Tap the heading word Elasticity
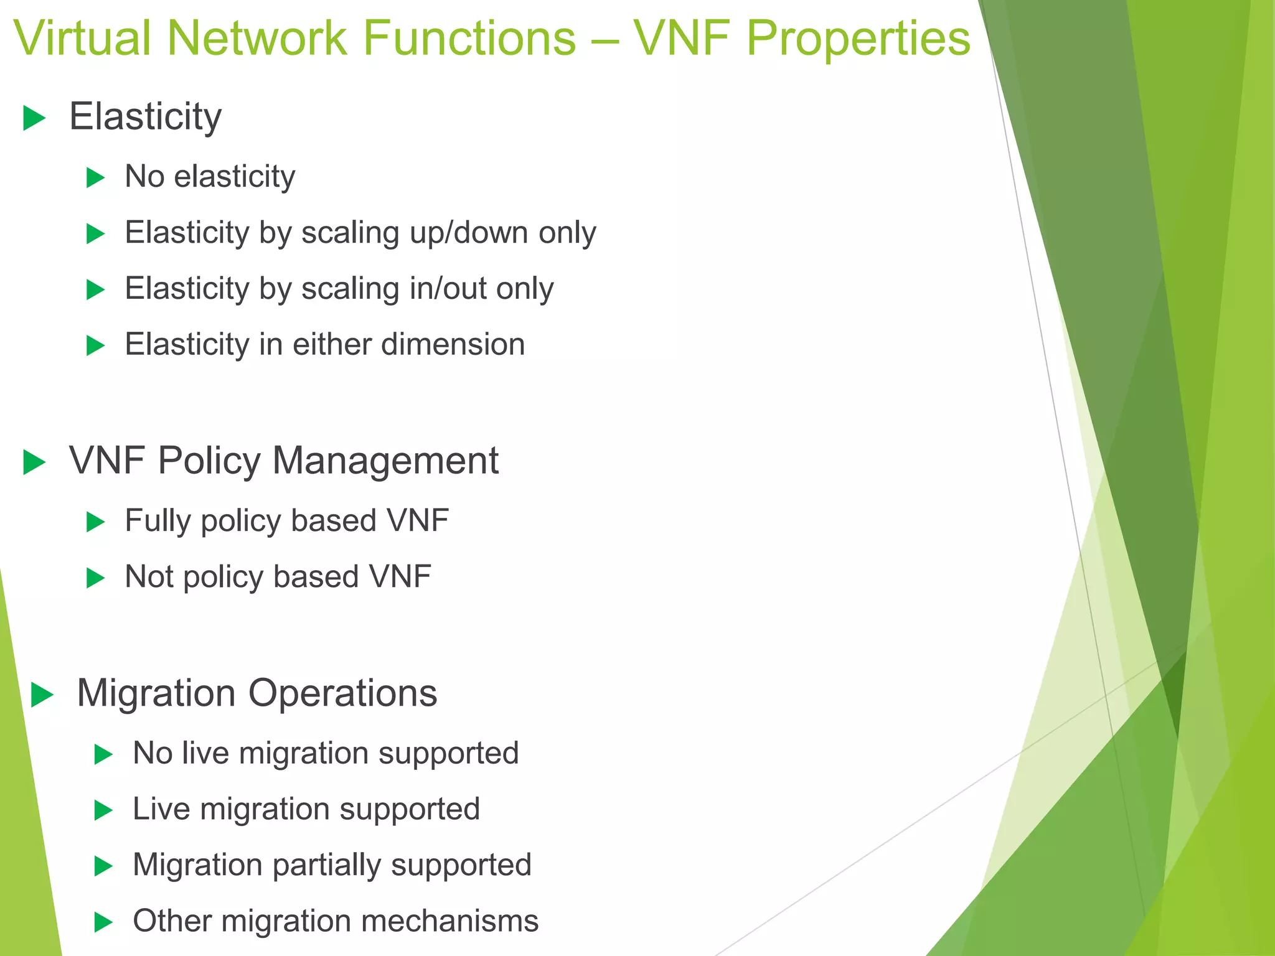pos(145,117)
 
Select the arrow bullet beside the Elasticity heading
pos(34,118)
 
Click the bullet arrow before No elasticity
pos(95,178)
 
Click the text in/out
pos(448,289)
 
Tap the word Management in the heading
pos(385,461)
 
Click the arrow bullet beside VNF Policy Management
pos(34,462)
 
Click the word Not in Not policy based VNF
pos(149,577)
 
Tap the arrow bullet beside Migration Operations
pos(42,695)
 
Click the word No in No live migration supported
pos(153,753)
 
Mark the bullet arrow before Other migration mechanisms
pos(103,922)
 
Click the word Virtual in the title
pos(83,39)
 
